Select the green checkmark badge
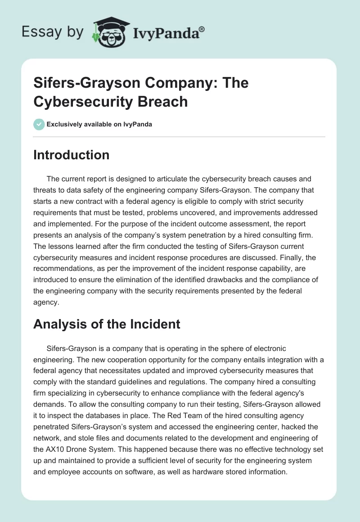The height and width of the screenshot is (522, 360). pos(39,124)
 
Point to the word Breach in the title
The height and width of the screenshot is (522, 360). pos(162,101)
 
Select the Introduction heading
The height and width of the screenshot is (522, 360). pos(71,155)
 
